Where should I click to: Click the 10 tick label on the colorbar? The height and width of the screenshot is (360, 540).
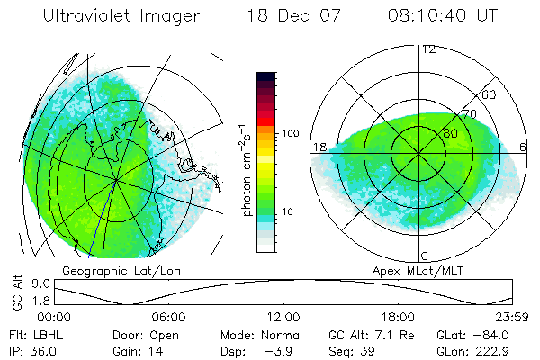pos(290,211)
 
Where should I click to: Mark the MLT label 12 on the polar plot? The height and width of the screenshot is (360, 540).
pos(428,49)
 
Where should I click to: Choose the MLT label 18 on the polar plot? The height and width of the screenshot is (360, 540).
pos(319,147)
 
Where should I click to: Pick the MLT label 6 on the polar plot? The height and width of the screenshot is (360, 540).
pos(524,147)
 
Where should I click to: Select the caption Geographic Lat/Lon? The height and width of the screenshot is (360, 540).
pos(110,270)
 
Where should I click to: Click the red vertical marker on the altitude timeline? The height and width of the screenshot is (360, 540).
pos(211,294)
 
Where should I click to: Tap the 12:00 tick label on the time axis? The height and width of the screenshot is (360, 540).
pos(283,317)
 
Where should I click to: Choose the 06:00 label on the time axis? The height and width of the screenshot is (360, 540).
pos(169,317)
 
